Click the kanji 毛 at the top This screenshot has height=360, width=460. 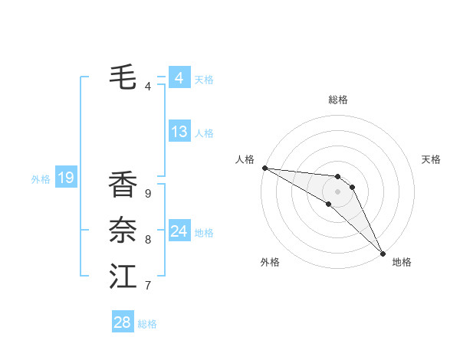point(123,77)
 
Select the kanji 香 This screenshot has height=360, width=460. point(123,185)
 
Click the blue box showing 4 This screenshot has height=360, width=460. point(179,78)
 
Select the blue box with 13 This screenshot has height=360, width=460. point(179,132)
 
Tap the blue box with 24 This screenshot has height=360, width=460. point(179,231)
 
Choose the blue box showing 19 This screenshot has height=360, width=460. point(66,178)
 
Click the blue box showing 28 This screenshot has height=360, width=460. point(123,322)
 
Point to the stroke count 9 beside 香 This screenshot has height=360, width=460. point(148,193)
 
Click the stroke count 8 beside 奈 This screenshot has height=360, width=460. point(148,240)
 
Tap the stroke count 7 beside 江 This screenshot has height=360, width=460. point(148,286)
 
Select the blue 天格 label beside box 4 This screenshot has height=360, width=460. point(204,80)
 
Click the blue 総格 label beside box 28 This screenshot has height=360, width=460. point(147,324)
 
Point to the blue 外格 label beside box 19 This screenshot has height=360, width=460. point(41,180)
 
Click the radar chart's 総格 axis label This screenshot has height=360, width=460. point(338,100)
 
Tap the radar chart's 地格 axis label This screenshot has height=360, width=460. point(402,262)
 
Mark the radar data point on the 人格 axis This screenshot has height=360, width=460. point(264,168)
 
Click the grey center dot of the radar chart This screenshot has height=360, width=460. point(338,191)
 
